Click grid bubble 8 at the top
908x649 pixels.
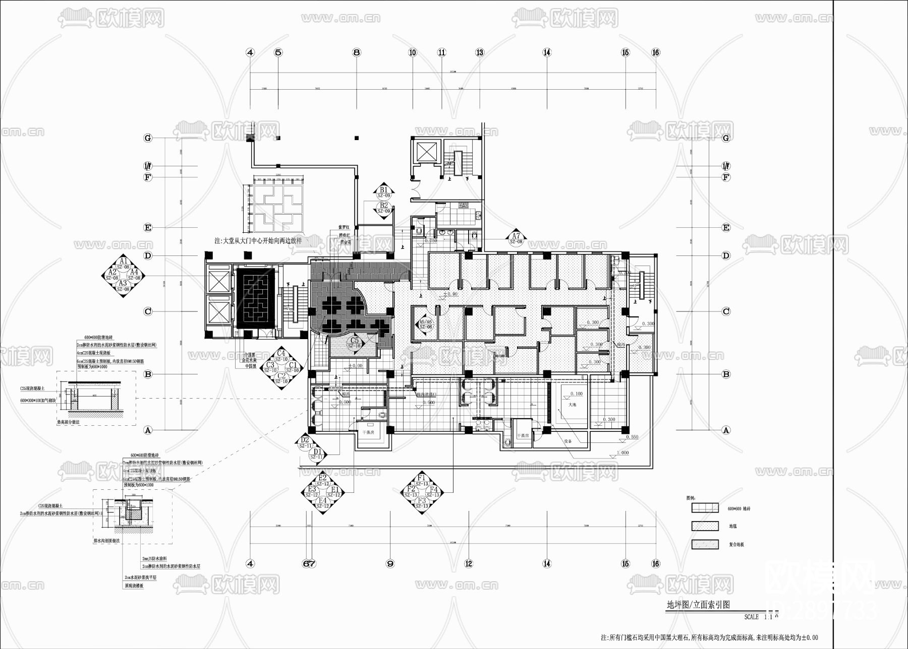point(357,52)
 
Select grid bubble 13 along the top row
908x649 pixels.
point(480,52)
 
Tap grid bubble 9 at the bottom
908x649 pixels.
point(389,564)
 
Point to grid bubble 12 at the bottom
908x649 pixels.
point(469,564)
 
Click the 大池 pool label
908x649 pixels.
point(572,405)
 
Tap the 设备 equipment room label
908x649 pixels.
point(568,441)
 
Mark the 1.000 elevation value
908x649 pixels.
point(623,452)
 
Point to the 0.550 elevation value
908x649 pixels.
point(632,437)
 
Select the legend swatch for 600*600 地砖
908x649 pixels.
point(705,508)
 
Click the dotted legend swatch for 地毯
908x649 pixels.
point(705,526)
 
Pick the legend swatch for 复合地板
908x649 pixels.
point(705,544)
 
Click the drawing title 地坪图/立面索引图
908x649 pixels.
point(698,605)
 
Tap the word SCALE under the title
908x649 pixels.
point(751,617)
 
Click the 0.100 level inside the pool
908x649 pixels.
point(576,394)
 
